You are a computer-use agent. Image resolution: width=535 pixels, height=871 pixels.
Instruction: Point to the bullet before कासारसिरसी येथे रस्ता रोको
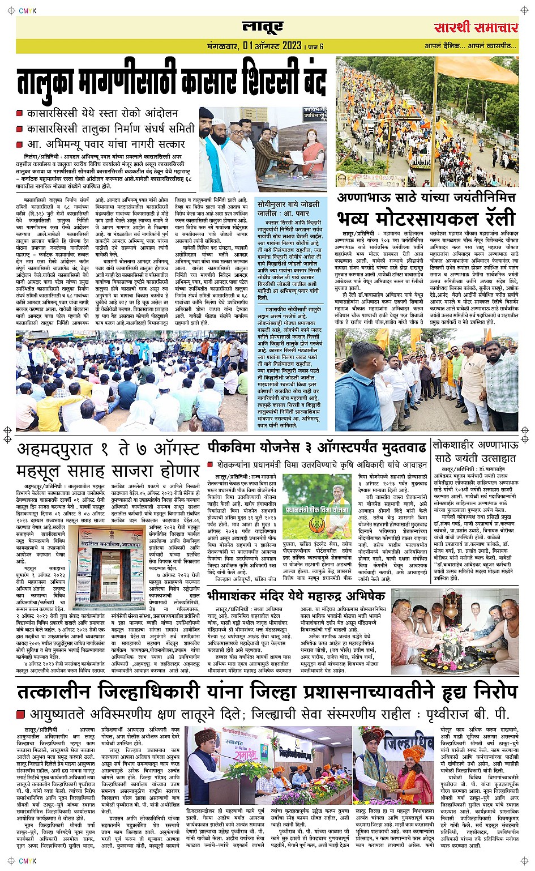click(x=20, y=114)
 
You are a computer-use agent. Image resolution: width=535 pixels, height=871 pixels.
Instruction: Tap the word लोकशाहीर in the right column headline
click(x=458, y=446)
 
